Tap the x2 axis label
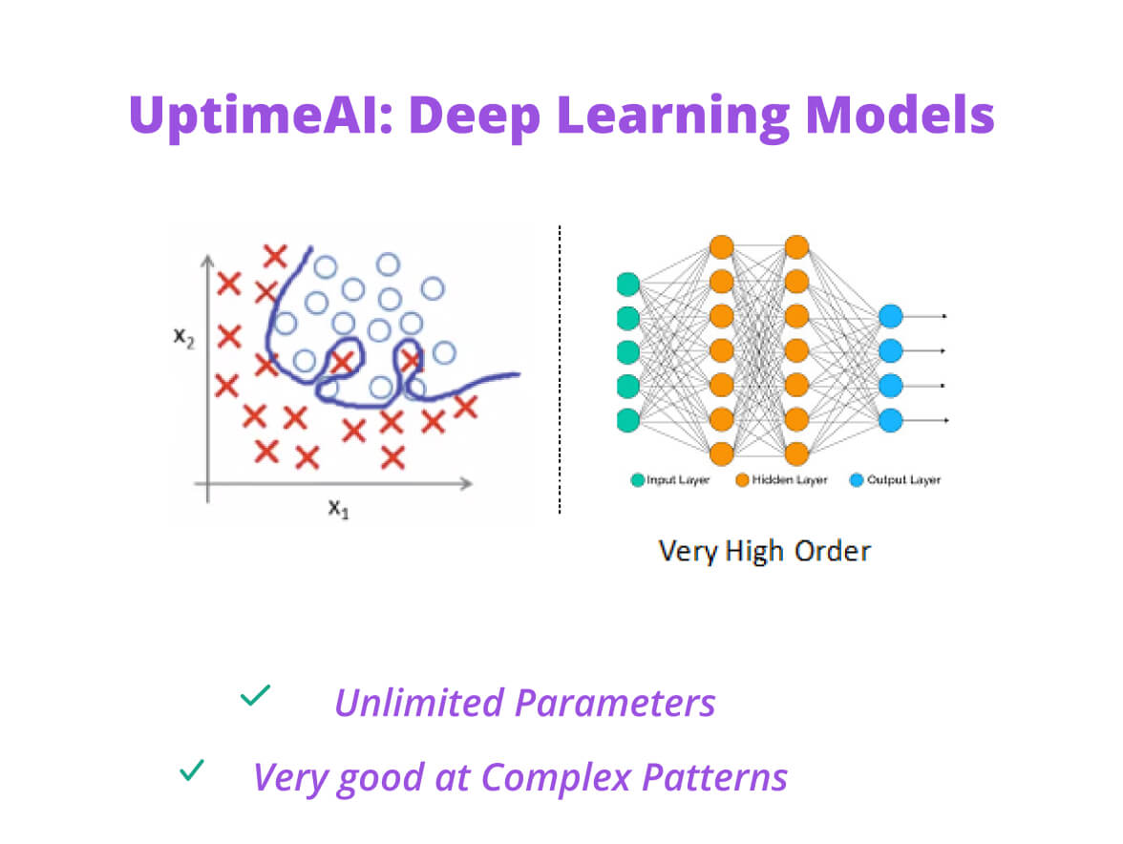(x=184, y=338)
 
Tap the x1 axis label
(x=339, y=507)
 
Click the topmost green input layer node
(x=627, y=283)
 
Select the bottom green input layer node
(x=627, y=420)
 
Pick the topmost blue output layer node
(x=890, y=316)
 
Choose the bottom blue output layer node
(x=890, y=419)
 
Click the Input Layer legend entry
(x=669, y=479)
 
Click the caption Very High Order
(x=764, y=551)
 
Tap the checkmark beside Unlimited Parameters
(x=255, y=696)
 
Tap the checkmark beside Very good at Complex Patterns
(x=192, y=770)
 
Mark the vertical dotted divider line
(x=560, y=372)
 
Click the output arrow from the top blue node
(x=926, y=316)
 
